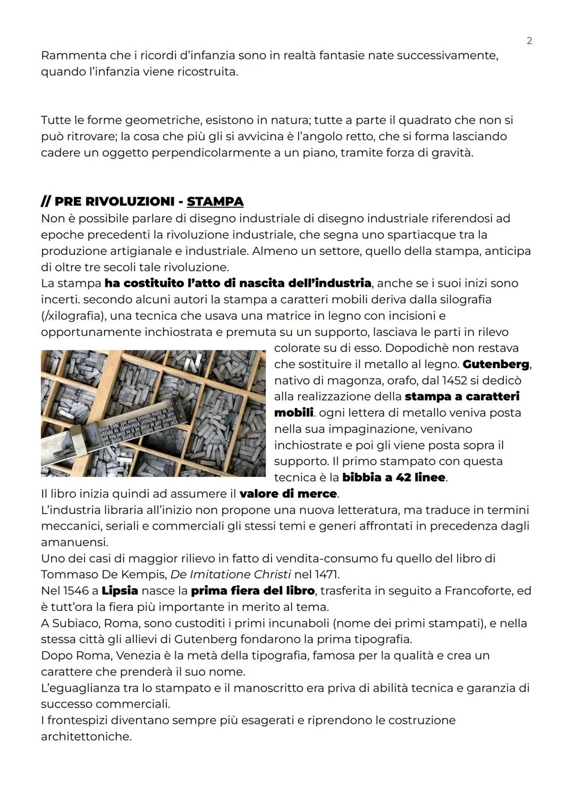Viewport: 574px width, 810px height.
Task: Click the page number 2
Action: pos(529,41)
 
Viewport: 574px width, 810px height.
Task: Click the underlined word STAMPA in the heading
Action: pos(215,202)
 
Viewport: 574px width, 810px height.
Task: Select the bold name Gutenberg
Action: pos(496,364)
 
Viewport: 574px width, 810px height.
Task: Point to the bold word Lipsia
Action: pos(120,591)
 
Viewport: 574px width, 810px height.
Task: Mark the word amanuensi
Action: pos(74,542)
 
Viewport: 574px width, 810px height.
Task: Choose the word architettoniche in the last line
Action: pos(86,737)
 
